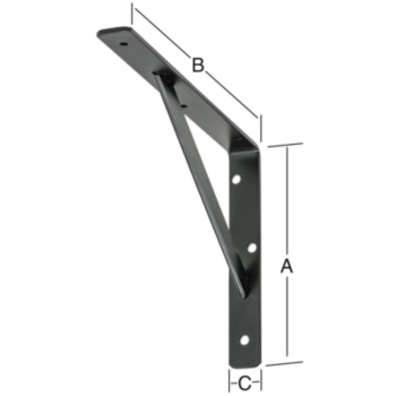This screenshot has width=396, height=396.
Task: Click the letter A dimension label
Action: (286, 266)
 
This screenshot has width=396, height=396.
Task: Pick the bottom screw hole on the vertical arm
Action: (245, 339)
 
